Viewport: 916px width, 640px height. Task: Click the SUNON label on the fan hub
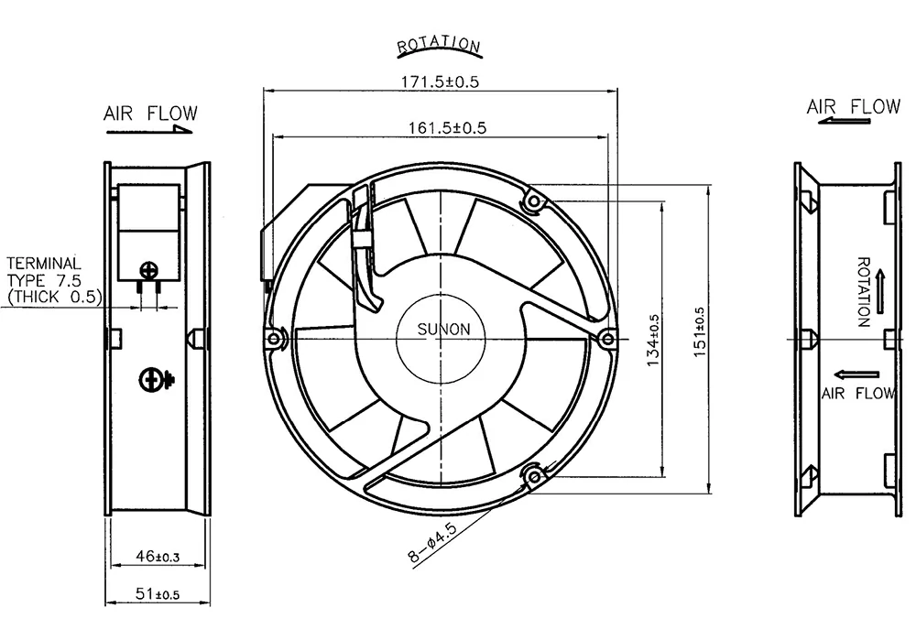tap(443, 330)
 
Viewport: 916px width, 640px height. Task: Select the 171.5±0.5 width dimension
tap(440, 81)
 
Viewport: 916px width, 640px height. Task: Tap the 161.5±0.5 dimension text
tap(447, 127)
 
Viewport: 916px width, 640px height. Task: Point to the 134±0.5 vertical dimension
tap(654, 340)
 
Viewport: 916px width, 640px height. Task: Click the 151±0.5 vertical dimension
tap(700, 331)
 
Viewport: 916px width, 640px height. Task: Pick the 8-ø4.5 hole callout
tap(432, 543)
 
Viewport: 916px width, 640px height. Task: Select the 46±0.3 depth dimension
tap(158, 557)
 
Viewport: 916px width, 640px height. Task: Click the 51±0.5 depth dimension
tap(158, 594)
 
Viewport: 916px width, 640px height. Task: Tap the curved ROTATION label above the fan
tap(439, 46)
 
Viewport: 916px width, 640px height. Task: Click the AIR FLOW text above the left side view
tap(151, 113)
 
